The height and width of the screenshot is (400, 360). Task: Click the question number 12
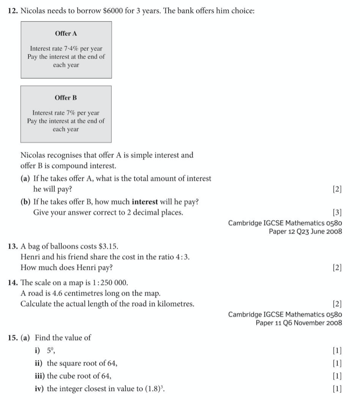(13, 10)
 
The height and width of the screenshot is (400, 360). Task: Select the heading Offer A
(66, 34)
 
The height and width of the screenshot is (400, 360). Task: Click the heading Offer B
(66, 98)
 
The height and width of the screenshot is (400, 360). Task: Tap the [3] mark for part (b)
(337, 212)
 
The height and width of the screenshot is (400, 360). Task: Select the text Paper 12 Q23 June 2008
(305, 231)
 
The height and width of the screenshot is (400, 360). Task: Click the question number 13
(13, 246)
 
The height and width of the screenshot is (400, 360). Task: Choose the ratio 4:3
(182, 257)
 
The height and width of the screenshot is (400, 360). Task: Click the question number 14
(13, 283)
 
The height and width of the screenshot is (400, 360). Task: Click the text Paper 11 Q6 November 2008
(299, 323)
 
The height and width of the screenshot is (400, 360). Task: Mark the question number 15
(13, 338)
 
